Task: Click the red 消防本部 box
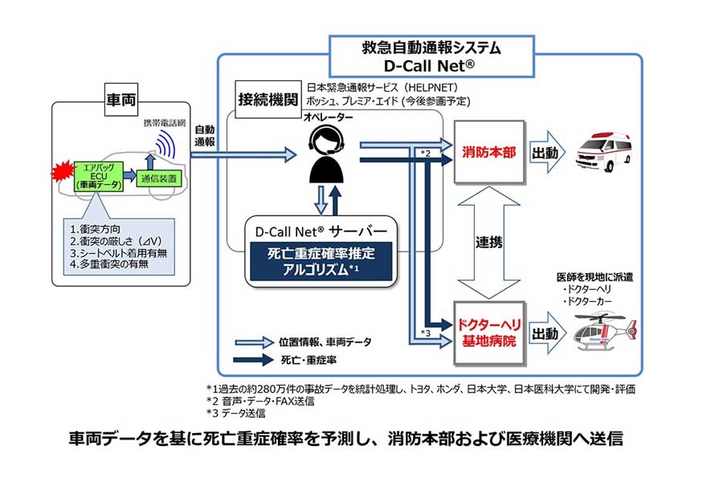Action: (x=489, y=150)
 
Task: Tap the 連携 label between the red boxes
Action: (x=489, y=241)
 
